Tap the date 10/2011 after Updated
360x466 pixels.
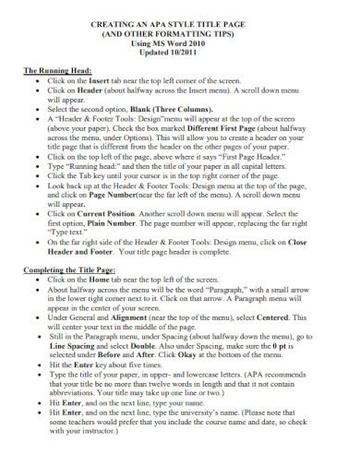204,53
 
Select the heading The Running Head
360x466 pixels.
55,70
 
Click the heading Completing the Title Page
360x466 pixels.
69,268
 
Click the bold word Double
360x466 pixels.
163,348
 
